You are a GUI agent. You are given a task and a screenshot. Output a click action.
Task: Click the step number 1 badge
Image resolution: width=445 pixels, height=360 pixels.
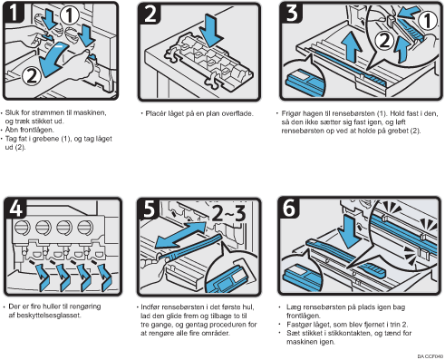coord(14,13)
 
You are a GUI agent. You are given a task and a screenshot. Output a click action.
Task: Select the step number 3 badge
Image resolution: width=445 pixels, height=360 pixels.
coord(292,13)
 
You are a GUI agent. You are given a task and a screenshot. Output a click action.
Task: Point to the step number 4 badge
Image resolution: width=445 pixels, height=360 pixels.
coord(15,209)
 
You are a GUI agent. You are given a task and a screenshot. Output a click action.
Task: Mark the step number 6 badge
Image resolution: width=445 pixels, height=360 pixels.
coord(289,208)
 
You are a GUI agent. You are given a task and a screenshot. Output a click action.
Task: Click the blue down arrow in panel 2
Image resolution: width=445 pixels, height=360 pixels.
coord(213,30)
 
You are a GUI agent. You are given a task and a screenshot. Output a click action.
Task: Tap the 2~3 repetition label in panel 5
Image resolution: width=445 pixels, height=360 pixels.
coord(228,213)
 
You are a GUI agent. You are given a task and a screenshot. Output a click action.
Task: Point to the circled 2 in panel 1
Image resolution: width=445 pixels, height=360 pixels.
coord(32,75)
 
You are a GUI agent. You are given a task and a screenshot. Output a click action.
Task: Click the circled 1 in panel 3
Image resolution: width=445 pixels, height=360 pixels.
coord(428,21)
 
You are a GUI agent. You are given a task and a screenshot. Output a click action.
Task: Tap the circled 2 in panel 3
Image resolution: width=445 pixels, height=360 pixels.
coord(384,40)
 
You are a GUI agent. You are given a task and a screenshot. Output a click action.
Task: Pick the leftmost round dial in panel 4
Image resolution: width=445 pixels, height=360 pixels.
coord(23,228)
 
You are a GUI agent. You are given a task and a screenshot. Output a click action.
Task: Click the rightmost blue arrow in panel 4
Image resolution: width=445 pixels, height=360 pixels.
coord(105,277)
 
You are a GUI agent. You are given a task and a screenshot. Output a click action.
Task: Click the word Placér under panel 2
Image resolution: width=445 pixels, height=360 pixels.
coord(156,113)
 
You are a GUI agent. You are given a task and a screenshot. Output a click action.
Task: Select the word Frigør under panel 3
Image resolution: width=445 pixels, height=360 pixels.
coord(291,114)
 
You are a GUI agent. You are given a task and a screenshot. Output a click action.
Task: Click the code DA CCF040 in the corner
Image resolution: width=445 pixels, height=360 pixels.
coord(430,356)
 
